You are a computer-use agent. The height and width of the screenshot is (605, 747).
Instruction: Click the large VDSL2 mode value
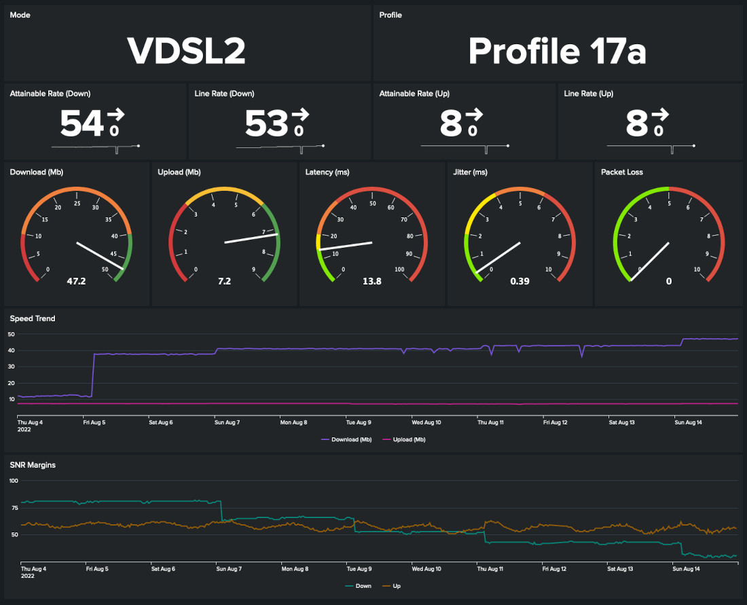(186, 50)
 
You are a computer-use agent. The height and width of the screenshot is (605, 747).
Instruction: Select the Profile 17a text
(557, 50)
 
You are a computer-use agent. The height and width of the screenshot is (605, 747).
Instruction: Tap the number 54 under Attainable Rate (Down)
(81, 124)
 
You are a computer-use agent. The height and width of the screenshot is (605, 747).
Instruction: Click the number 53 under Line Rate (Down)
(266, 124)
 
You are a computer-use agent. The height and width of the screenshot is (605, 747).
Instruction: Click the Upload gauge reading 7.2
(224, 281)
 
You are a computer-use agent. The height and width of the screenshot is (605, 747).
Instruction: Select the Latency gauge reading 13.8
(372, 281)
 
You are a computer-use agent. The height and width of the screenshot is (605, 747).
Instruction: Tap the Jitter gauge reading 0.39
(520, 281)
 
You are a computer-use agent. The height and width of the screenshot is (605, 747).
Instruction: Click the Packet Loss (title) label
(623, 172)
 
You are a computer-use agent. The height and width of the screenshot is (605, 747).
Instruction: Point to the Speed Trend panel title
(33, 318)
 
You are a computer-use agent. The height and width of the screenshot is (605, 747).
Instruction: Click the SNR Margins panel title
(33, 465)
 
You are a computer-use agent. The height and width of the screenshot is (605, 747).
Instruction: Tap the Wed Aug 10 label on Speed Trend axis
(426, 422)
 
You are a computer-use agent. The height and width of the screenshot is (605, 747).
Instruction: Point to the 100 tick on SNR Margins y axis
(13, 481)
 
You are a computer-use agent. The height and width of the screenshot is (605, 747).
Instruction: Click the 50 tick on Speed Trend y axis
(11, 334)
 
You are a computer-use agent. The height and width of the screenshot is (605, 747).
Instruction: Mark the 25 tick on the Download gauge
(77, 203)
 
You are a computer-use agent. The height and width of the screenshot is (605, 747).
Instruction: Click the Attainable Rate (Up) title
(414, 94)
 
